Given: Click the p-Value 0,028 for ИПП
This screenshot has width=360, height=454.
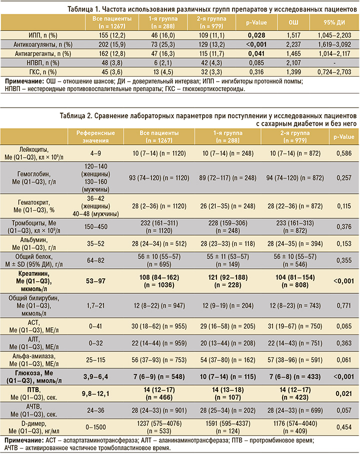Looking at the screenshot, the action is pyautogui.click(x=256, y=36).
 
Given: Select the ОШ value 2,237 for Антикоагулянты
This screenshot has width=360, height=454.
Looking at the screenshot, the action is pyautogui.click(x=293, y=45).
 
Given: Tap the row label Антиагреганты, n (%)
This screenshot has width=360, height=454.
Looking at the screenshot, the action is pyautogui.click(x=43, y=54).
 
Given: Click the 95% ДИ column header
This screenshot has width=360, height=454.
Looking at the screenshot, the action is pyautogui.click(x=334, y=23).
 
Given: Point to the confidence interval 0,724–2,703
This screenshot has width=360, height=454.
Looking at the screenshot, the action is pyautogui.click(x=334, y=72).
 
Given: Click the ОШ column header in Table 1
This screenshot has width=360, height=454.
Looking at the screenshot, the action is pyautogui.click(x=293, y=23).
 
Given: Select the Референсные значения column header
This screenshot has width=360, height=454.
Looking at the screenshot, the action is pyautogui.click(x=95, y=137).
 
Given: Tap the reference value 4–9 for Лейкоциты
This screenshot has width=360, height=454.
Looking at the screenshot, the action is pyautogui.click(x=95, y=153).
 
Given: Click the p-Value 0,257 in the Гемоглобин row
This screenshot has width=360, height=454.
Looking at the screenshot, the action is pyautogui.click(x=344, y=178).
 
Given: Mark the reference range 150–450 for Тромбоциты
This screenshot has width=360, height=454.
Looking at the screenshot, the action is pyautogui.click(x=95, y=227).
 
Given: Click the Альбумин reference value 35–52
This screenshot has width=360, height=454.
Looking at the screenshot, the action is pyautogui.click(x=95, y=243).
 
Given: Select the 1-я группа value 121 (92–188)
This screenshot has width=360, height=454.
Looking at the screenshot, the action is pyautogui.click(x=228, y=277).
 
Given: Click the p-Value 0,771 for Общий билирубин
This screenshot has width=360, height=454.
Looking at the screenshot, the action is pyautogui.click(x=344, y=305).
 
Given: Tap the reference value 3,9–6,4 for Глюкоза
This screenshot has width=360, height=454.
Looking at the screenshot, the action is pyautogui.click(x=95, y=377).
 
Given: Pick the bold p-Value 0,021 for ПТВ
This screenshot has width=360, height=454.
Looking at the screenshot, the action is pyautogui.click(x=344, y=393).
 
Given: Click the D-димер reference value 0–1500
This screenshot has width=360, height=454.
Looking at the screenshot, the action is pyautogui.click(x=95, y=427).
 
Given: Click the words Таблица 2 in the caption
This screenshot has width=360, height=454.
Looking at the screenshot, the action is pyautogui.click(x=75, y=116).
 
